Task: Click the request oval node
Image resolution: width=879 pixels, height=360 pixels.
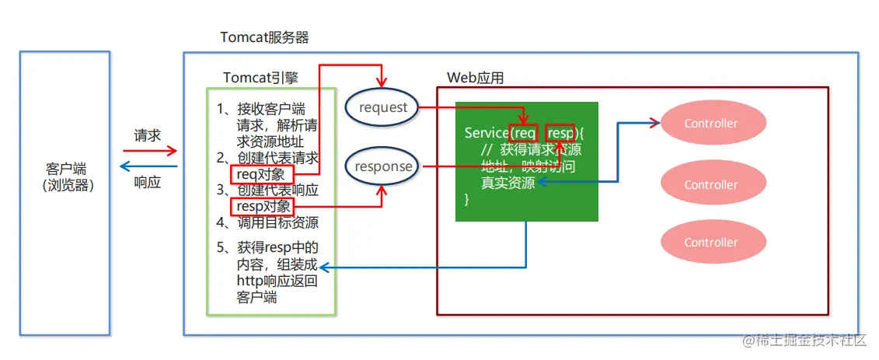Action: pos(382,108)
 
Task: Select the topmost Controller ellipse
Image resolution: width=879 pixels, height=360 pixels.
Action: pos(711,124)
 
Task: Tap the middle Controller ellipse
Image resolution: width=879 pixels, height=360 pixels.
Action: pos(711,185)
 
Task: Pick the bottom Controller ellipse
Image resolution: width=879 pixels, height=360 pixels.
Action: pos(711,243)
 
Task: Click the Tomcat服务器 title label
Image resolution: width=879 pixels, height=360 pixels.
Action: pos(266,37)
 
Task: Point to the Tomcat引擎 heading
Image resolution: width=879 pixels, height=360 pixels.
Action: pos(260,77)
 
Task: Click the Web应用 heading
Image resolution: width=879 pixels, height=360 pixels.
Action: pos(476,77)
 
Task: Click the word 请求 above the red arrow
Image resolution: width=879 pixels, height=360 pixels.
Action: pos(147,135)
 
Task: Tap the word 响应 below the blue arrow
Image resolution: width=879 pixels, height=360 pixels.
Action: pos(147,183)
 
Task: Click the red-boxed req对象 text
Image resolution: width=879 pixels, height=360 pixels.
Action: pos(263,174)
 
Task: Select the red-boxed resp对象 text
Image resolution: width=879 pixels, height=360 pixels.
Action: pos(263,206)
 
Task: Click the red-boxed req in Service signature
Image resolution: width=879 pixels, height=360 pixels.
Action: pos(524,133)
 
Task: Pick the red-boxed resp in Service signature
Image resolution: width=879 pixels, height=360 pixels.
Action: pos(560,133)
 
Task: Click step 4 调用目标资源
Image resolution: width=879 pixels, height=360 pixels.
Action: pos(267,222)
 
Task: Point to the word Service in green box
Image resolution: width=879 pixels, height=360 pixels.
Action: pos(486,133)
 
